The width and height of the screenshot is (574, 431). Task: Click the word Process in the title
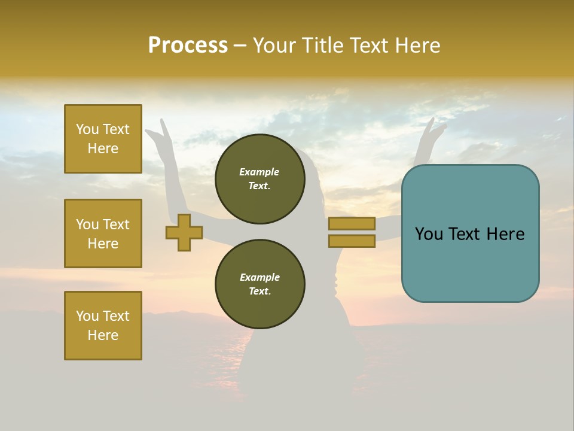188,45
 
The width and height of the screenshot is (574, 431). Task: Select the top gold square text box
103,139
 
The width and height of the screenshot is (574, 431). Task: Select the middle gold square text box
103,233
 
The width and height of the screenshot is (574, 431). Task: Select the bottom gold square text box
103,326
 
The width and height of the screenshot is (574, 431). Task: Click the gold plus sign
184,233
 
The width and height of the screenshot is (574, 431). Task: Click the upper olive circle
259,179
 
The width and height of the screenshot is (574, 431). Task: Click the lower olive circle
259,284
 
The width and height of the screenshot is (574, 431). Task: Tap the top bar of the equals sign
352,223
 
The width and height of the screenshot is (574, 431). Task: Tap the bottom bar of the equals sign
352,241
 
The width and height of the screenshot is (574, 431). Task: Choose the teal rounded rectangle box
470,233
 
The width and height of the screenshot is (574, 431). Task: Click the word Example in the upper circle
259,172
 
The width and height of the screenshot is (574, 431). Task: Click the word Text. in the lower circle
259,292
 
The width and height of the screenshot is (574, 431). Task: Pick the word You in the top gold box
87,129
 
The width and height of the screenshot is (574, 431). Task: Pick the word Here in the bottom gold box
103,335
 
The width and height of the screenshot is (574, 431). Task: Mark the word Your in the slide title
273,45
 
